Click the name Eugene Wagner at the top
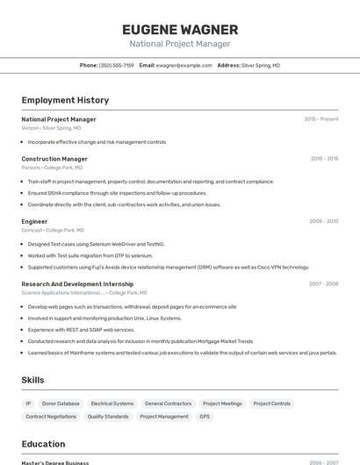point(180,29)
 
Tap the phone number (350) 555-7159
point(117,65)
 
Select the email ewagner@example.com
point(184,65)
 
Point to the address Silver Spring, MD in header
point(261,65)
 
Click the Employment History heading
point(65,100)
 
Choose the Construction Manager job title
point(54,159)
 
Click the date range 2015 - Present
point(321,118)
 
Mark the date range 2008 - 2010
point(323,221)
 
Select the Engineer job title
point(34,221)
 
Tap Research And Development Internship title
point(77,283)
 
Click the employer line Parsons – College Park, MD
point(52,168)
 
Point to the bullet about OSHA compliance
point(117,193)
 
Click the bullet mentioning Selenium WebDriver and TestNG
point(96,244)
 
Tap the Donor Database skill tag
point(61,404)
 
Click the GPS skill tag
point(205,417)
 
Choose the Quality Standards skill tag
point(108,417)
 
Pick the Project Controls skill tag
point(271,404)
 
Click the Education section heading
point(43,444)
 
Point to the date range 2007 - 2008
point(323,283)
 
